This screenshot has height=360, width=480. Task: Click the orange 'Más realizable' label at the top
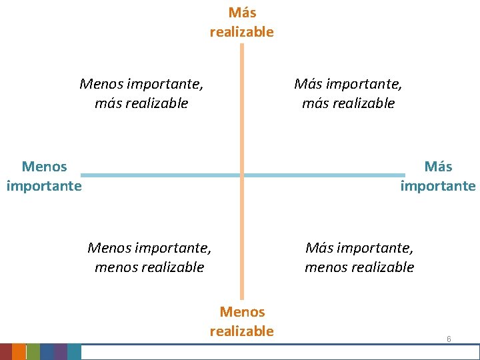pos(241,22)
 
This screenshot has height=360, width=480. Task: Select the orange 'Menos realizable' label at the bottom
pos(241,321)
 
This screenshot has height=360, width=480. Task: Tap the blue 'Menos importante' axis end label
pos(44,176)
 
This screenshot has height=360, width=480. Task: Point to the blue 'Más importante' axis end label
pos(438,176)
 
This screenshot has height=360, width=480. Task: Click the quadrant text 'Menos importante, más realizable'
pos(141,93)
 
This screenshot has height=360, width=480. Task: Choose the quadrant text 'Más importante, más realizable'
pos(348,93)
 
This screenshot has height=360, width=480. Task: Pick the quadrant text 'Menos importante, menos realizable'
pos(149,257)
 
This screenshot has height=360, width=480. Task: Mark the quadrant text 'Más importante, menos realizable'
pos(359,257)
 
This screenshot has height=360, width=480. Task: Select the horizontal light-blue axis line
pos(160,175)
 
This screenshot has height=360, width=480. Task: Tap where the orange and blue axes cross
pos(242,175)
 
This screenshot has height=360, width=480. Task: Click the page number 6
pos(449,339)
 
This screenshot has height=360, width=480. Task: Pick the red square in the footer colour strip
pos(6,352)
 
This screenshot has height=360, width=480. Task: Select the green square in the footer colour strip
pos(33,352)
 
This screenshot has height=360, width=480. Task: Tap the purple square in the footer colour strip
pos(61,352)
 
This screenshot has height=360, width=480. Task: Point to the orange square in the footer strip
pos(19,352)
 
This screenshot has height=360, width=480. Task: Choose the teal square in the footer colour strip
pos(74,352)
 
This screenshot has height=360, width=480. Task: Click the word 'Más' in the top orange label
pos(242,13)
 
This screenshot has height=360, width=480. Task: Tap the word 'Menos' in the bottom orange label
pos(242,312)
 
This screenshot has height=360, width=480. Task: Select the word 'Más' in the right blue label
pos(438,167)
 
